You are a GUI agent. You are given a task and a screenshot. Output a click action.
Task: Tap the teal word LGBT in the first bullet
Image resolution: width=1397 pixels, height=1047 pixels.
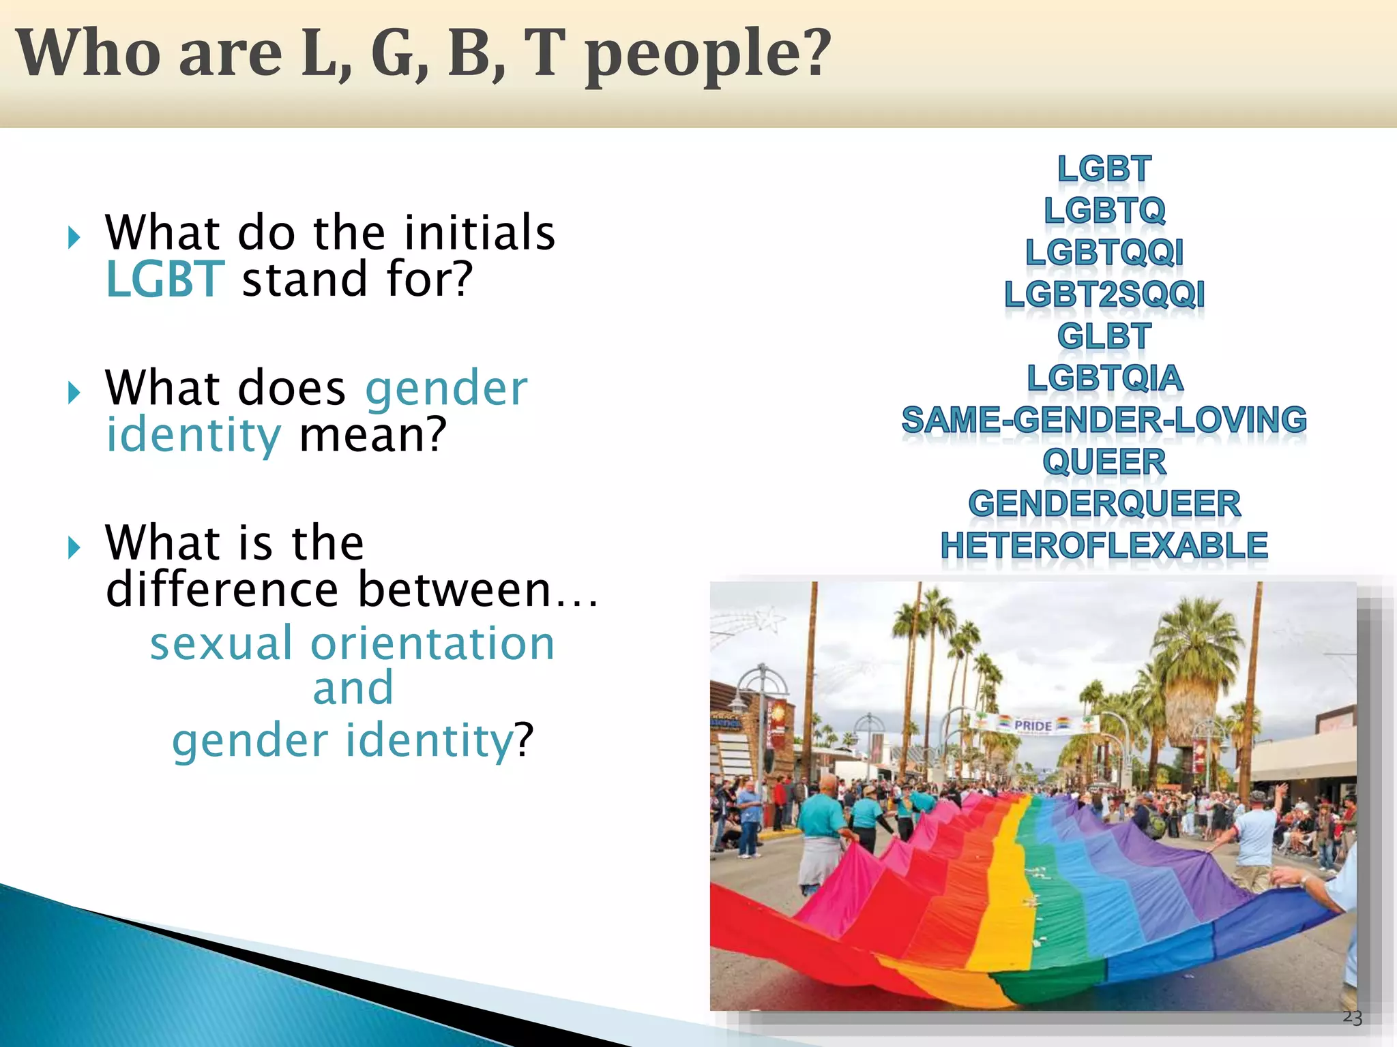pos(164,279)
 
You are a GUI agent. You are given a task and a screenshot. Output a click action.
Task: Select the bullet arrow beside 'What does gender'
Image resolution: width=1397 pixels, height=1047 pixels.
pos(74,392)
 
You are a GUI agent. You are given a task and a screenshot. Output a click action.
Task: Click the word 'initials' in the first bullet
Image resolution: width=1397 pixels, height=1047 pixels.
pos(480,233)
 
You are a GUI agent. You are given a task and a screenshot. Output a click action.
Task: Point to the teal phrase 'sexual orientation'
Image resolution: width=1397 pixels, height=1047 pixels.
pos(352,643)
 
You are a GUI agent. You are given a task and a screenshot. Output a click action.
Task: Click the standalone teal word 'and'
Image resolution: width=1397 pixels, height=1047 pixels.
pos(353,688)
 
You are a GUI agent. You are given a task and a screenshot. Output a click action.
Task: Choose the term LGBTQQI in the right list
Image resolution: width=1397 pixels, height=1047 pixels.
pos(1104,252)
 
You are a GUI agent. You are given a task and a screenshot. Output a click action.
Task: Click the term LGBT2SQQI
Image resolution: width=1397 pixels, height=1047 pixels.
pos(1104,294)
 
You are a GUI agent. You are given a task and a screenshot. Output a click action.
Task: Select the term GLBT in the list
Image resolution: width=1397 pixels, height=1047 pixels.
pos(1104,336)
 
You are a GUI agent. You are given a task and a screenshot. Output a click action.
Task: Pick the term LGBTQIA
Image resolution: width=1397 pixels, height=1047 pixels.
pos(1104,378)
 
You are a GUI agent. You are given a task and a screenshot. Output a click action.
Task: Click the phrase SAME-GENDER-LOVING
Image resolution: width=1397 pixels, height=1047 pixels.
pos(1104,420)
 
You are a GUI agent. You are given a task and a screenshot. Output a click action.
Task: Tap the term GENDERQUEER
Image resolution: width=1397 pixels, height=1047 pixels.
pos(1104,504)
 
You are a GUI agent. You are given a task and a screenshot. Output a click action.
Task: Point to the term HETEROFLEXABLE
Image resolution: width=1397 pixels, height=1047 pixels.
pos(1104,545)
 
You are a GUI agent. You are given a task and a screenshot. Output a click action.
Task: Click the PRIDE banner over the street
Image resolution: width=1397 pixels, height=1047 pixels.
pos(1033,725)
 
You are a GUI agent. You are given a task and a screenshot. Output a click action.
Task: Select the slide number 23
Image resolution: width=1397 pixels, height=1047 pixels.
pos(1352,1017)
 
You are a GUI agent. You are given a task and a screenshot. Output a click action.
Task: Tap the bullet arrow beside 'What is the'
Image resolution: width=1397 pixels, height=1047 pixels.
pos(74,547)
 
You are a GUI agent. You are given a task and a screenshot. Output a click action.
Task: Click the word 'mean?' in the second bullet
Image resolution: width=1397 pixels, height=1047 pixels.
pos(372,435)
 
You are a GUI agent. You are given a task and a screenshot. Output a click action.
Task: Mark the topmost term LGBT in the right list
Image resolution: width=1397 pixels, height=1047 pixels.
pos(1104,168)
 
